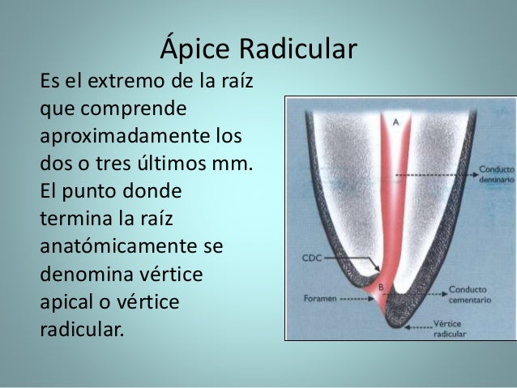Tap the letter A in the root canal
pos(395,122)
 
